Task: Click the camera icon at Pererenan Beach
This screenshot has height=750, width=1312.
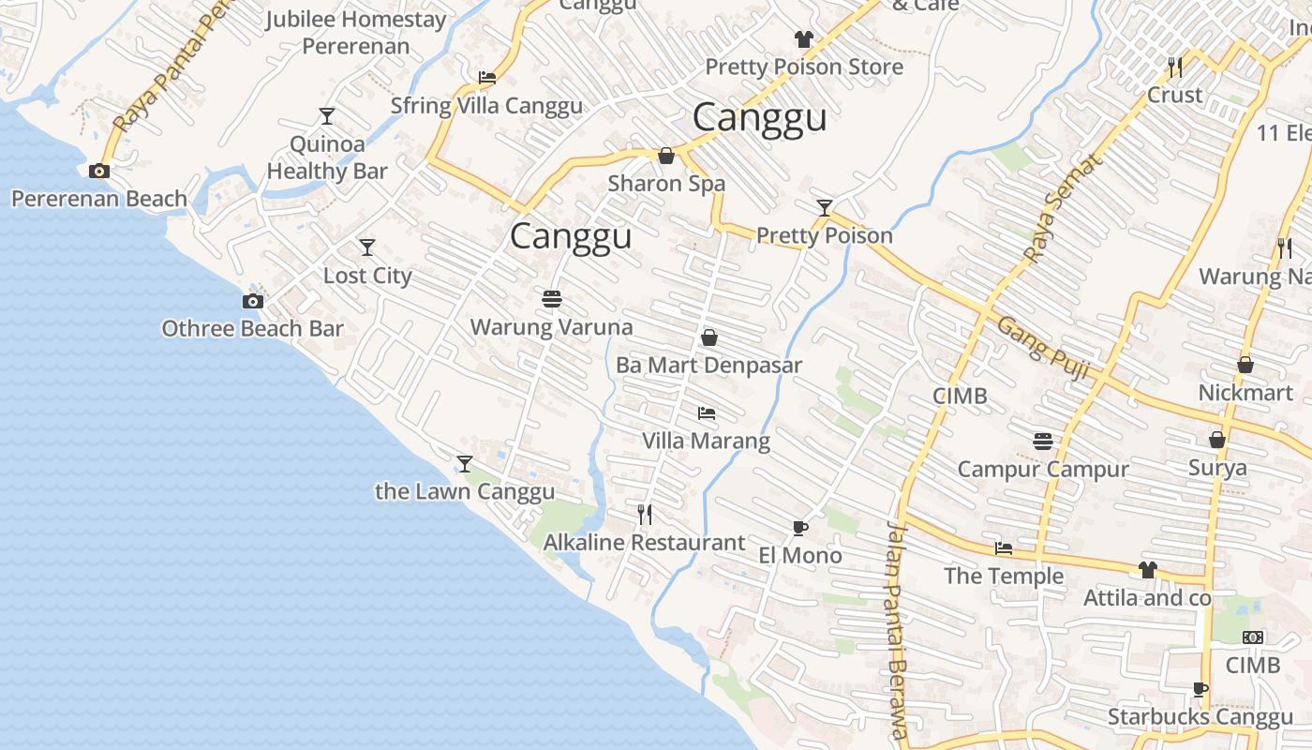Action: pos(98,171)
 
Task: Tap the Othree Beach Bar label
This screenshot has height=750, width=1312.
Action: pos(252,329)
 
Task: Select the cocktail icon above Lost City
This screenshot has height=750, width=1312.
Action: pos(367,247)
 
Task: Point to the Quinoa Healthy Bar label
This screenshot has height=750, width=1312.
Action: pos(327,157)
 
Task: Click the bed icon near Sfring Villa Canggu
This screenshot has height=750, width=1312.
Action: pos(487,78)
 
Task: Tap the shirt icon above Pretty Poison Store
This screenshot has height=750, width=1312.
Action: pos(803,38)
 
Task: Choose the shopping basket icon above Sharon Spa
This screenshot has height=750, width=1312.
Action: pos(666,155)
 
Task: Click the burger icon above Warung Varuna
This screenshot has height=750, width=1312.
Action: pos(551,299)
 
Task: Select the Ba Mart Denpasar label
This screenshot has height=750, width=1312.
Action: pos(708,365)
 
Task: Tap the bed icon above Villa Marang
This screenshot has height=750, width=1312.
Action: pos(707,412)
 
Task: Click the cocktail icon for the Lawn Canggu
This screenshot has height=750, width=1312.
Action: pos(464,463)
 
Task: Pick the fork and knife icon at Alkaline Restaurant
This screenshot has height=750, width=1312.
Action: pos(645,514)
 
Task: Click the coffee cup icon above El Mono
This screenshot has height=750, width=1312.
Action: pos(799,528)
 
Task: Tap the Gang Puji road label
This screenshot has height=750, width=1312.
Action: pos(1043,349)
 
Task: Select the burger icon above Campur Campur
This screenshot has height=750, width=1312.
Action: pos(1043,441)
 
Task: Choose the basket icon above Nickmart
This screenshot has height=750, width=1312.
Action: pos(1245,365)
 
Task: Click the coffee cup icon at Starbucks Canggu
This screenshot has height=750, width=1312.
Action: pos(1200,690)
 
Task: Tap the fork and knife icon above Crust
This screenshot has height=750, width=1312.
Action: pos(1175,67)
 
